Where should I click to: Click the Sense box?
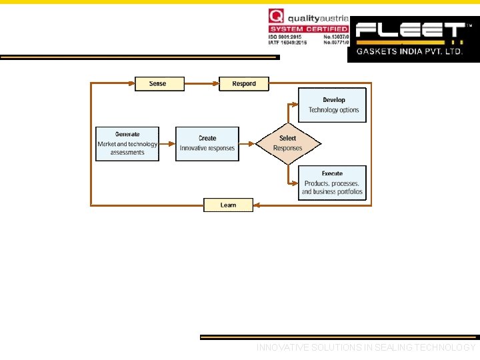tap(157, 84)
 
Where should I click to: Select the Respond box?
tap(244, 84)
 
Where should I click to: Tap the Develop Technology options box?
tap(332, 105)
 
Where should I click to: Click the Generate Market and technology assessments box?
tap(127, 143)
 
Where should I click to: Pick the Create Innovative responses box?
tap(207, 143)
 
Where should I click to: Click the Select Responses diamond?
tap(288, 143)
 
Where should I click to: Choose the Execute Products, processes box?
tap(332, 183)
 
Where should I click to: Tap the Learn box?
tap(228, 205)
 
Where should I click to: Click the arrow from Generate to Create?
tap(167, 143)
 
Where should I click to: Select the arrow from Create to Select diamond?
tap(247, 143)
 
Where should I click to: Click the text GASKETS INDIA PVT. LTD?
tap(409, 51)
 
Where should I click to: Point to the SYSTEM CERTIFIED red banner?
tap(309, 29)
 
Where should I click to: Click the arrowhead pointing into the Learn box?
tap(258, 205)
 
